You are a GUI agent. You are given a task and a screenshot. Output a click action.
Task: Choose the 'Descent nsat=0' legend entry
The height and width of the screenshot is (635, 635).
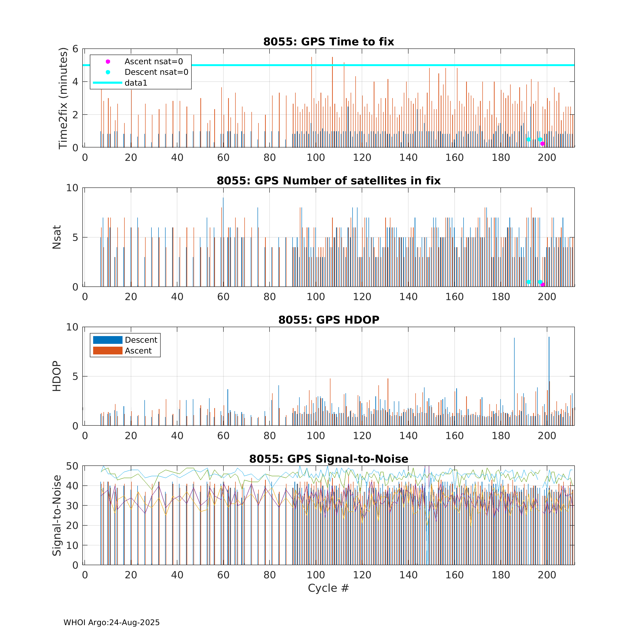pyautogui.click(x=156, y=72)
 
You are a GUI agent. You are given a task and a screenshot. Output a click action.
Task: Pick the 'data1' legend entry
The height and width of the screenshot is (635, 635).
pyautogui.click(x=136, y=83)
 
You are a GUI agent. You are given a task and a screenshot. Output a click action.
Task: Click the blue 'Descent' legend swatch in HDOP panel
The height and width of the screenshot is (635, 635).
pyautogui.click(x=107, y=340)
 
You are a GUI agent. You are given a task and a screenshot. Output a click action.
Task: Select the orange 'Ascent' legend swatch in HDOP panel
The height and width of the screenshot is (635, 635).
pyautogui.click(x=107, y=351)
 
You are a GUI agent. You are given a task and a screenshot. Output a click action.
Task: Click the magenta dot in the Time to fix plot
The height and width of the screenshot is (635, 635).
pyautogui.click(x=543, y=144)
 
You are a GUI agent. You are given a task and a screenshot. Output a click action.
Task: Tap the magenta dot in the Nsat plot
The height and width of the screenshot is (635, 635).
pyautogui.click(x=543, y=285)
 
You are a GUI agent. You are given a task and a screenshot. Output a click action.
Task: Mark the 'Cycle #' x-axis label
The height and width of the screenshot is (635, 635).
pyautogui.click(x=328, y=588)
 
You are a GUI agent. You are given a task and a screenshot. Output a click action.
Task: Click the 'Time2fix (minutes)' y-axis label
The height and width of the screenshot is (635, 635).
pyautogui.click(x=63, y=98)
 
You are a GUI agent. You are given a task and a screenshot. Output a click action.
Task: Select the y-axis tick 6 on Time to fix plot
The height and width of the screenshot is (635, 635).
pyautogui.click(x=75, y=49)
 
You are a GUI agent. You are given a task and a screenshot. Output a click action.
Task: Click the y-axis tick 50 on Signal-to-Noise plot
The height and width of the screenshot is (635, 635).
pyautogui.click(x=72, y=466)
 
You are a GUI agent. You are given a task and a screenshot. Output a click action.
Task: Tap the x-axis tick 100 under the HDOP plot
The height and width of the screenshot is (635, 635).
pyautogui.click(x=316, y=436)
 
